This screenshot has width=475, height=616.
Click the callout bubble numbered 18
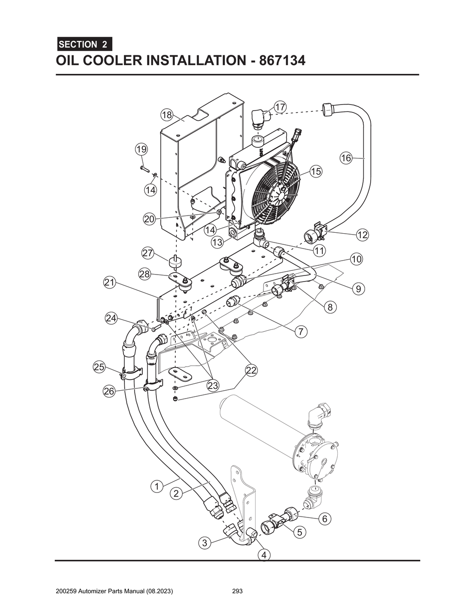167,115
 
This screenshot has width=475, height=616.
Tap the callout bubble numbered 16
346,158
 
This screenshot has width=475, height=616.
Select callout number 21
109,282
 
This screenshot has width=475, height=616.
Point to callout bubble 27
148,253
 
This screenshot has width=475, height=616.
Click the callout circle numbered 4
264,555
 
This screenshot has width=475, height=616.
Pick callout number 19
141,149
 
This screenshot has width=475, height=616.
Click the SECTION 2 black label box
84,45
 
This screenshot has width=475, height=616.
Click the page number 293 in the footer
237,591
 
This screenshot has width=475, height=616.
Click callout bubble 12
362,235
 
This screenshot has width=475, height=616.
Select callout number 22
251,370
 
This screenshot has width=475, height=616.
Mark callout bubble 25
99,367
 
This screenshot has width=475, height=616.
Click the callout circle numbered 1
157,486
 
